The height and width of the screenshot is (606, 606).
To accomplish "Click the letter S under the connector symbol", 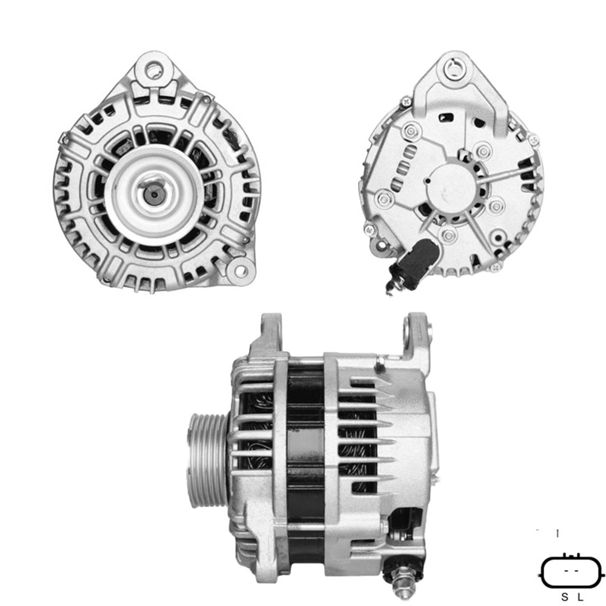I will click(x=564, y=597).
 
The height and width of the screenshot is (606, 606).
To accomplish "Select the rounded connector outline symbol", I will click(x=572, y=571).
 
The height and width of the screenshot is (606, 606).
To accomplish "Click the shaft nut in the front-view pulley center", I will click(x=153, y=194).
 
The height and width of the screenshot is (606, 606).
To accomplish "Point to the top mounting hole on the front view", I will click(x=154, y=72).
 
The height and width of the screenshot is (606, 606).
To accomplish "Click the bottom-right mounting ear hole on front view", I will click(x=241, y=267).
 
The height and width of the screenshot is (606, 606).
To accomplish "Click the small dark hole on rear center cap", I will click(x=428, y=181).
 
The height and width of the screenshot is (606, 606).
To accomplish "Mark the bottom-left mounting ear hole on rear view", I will click(x=369, y=230).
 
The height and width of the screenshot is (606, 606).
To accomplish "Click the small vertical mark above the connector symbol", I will click(x=558, y=533).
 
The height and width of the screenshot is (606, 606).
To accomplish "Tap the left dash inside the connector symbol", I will click(x=567, y=571).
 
